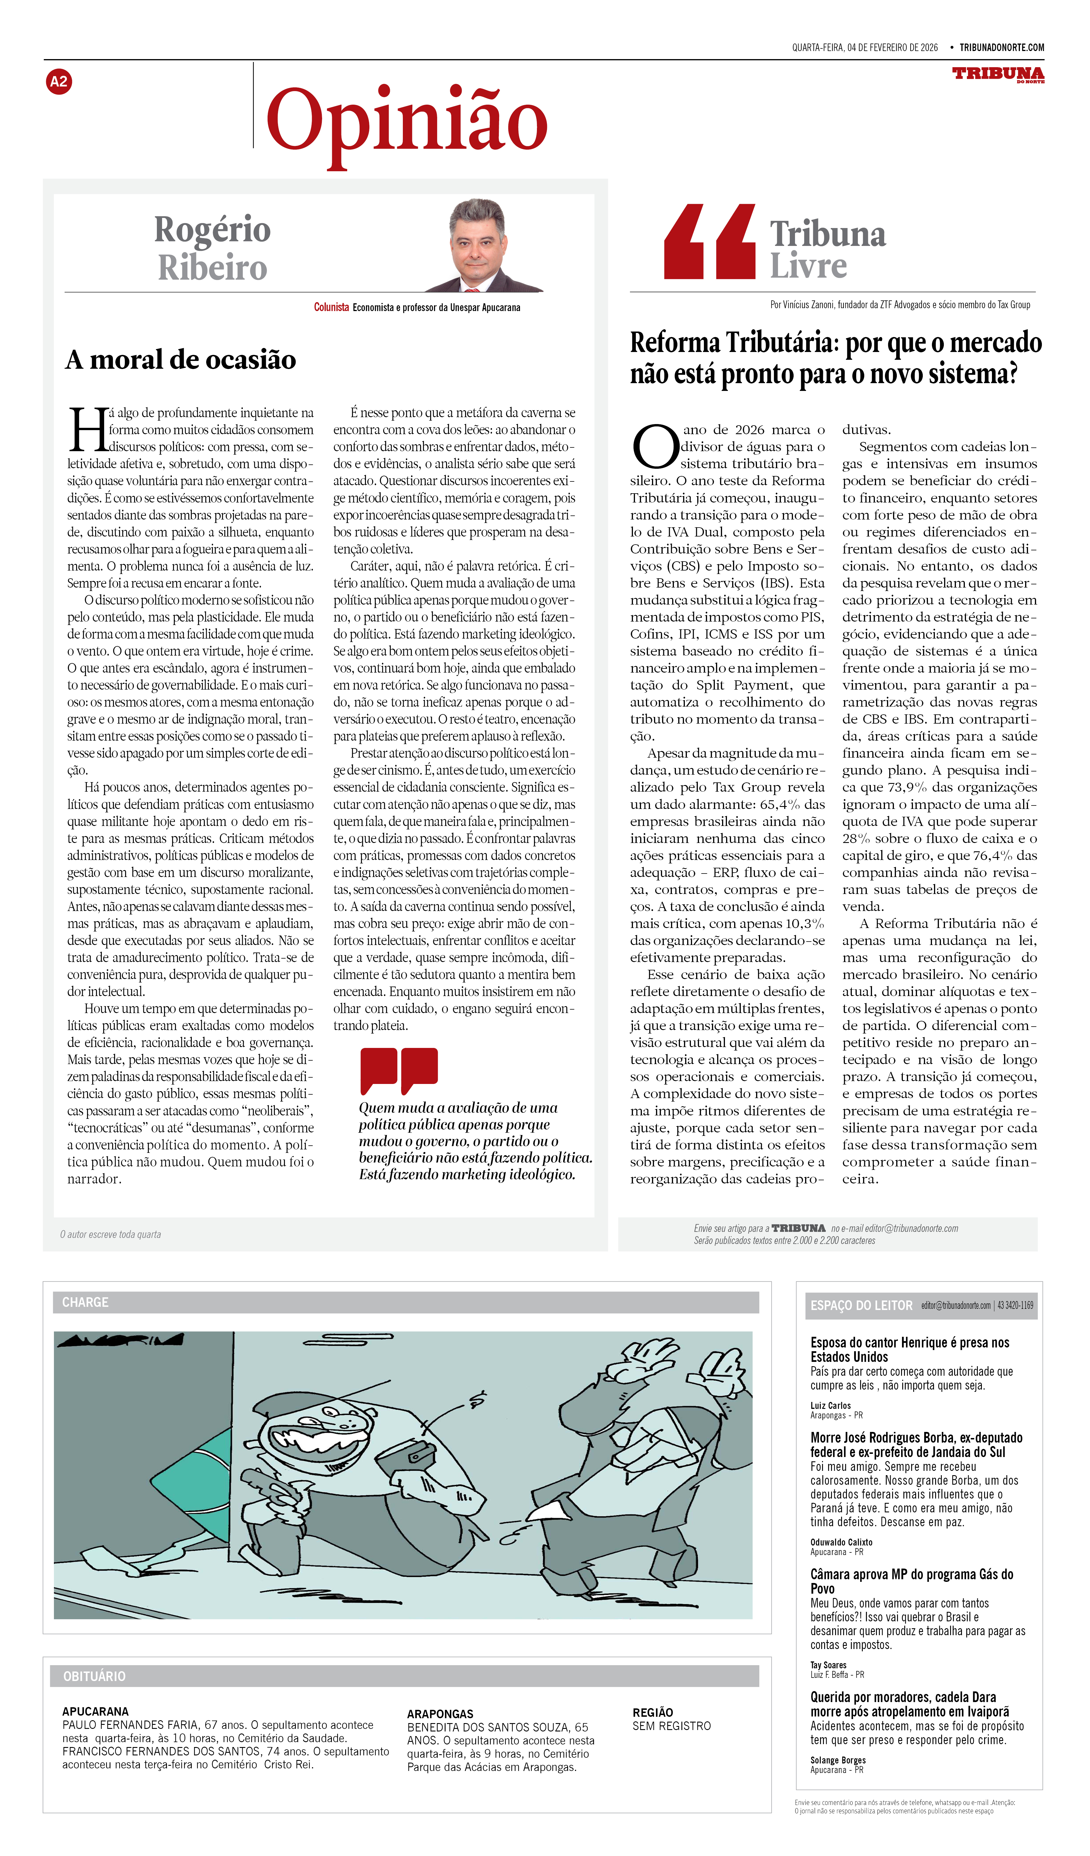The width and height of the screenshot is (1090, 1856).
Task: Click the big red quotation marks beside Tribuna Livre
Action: coord(709,242)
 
